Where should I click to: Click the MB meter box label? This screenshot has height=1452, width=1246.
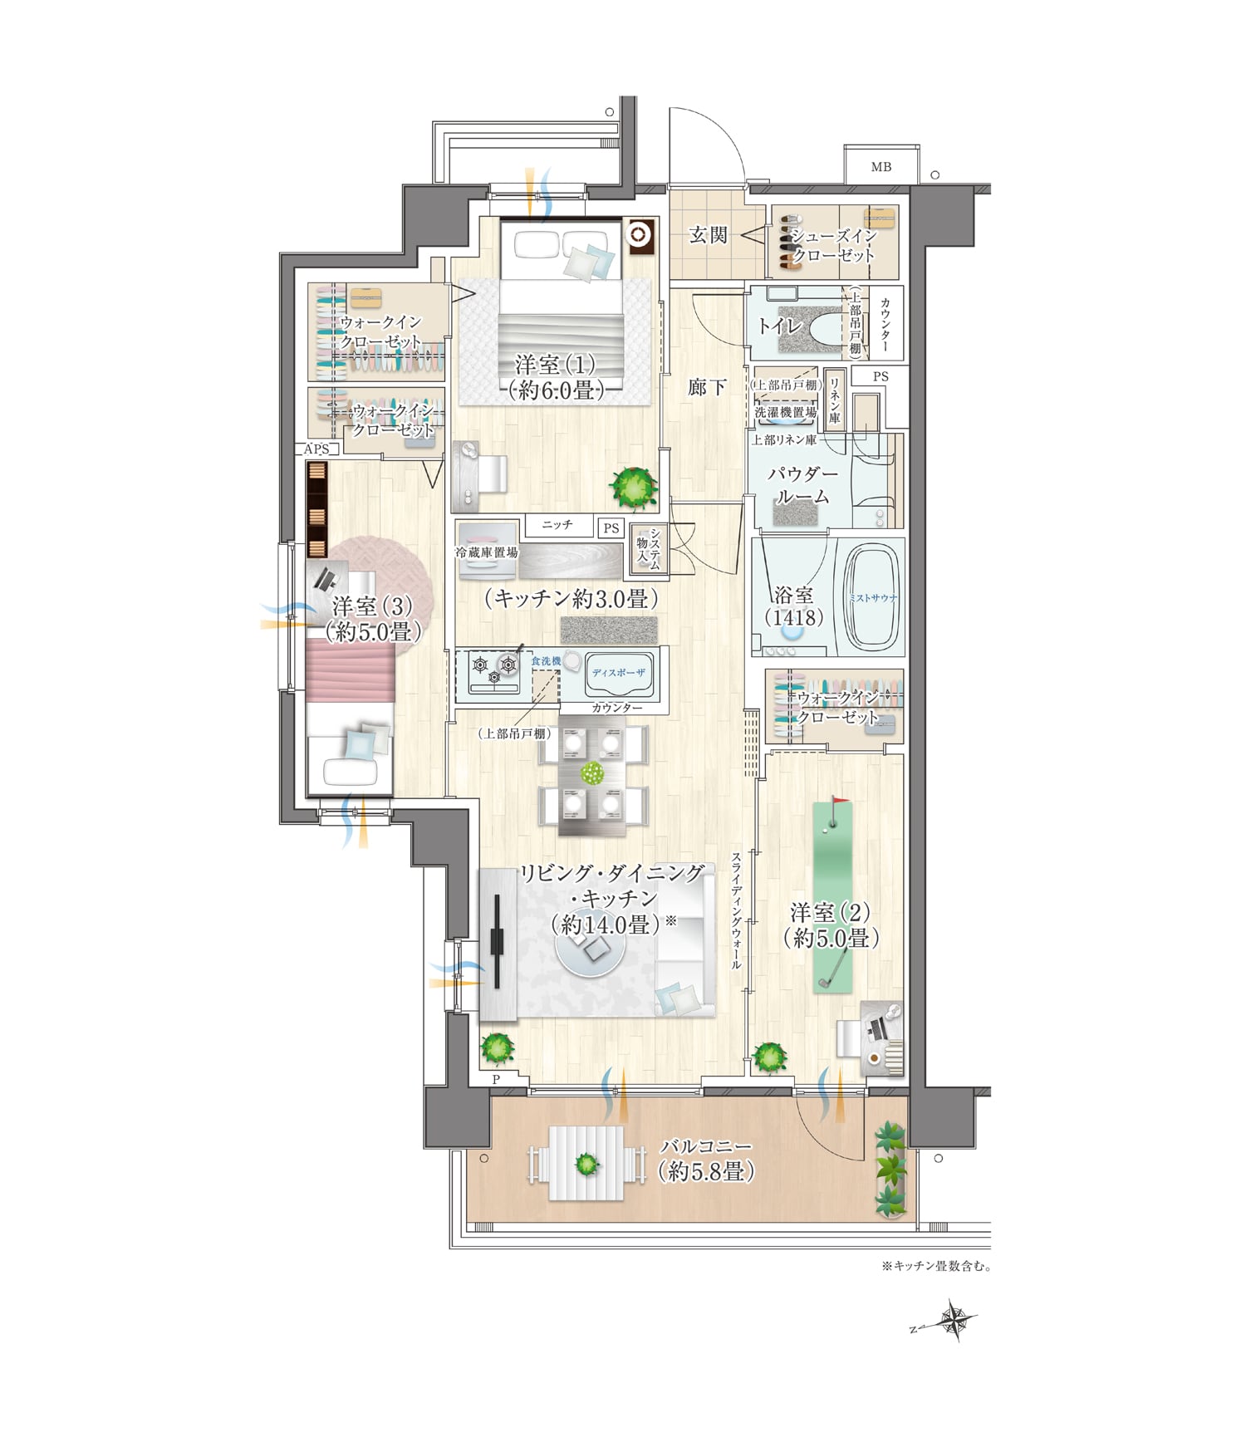881,167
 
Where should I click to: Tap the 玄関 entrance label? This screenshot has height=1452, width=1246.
709,235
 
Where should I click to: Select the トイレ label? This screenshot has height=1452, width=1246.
779,325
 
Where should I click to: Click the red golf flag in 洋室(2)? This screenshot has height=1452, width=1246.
840,802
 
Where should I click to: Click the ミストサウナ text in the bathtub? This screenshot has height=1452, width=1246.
871,597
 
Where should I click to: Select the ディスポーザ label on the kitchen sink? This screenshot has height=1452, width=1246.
619,673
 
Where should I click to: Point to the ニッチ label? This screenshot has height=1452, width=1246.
557,525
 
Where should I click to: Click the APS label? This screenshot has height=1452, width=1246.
317,449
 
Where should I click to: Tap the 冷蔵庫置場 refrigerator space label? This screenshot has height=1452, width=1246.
487,552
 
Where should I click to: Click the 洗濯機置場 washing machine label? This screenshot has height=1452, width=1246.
786,412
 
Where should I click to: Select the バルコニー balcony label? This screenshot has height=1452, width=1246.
705,1146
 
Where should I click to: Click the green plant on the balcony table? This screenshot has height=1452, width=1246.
587,1164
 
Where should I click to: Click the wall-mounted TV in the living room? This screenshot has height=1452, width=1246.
497,941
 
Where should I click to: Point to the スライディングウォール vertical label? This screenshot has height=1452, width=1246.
735,911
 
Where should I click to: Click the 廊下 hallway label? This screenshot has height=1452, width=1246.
708,387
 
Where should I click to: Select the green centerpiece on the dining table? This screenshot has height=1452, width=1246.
592,773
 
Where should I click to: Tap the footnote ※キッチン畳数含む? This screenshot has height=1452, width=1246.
936,1267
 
